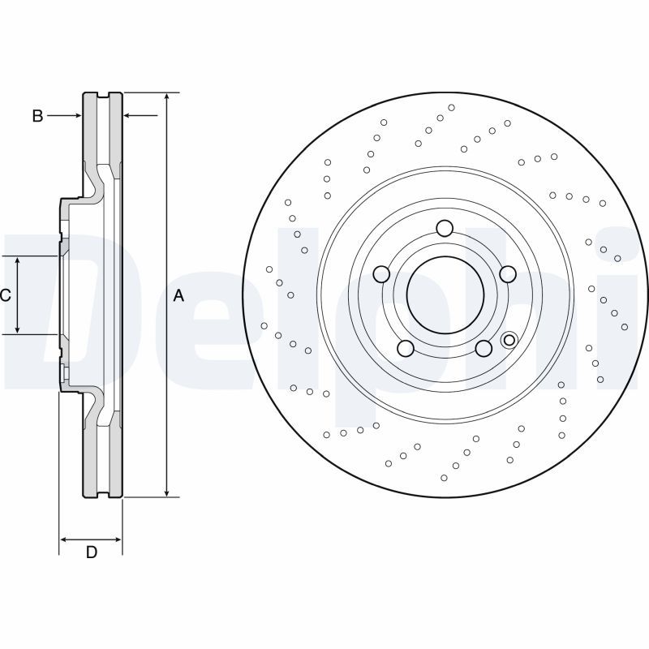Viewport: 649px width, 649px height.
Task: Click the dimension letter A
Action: click(178, 297)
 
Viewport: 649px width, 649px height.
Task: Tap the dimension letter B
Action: click(37, 116)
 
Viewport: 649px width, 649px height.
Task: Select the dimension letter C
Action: click(5, 295)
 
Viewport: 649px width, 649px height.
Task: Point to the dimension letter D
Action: click(92, 552)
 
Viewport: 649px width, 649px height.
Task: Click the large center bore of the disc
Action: click(444, 294)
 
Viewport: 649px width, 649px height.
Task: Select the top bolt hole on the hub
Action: click(444, 228)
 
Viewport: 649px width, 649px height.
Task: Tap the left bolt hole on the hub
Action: click(381, 274)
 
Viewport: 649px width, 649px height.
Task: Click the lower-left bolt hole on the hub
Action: click(406, 348)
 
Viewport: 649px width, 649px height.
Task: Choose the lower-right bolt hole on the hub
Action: click(484, 348)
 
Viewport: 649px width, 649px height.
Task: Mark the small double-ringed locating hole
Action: click(509, 340)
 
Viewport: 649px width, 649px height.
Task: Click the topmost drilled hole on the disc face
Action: click(452, 107)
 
